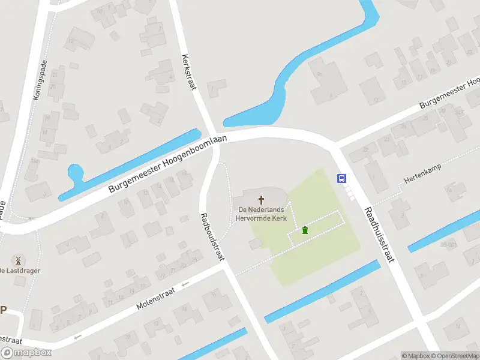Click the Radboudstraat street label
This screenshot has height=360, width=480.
tap(212, 236)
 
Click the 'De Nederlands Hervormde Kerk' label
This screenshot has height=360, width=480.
tap(262, 213)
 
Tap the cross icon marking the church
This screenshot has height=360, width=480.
tap(262, 199)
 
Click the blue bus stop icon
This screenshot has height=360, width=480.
tap(341, 178)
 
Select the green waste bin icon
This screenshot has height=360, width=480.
tap(305, 230)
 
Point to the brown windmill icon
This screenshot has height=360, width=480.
tap(17, 260)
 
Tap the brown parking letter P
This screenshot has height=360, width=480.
tap(3, 310)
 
